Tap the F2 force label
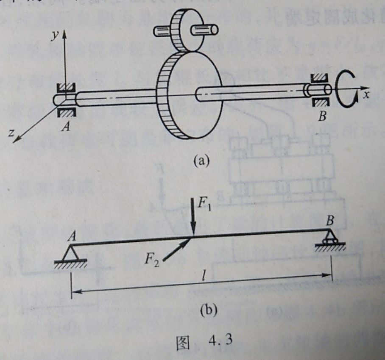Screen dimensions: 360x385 (152, 258)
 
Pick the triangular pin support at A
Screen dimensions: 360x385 (71, 255)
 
